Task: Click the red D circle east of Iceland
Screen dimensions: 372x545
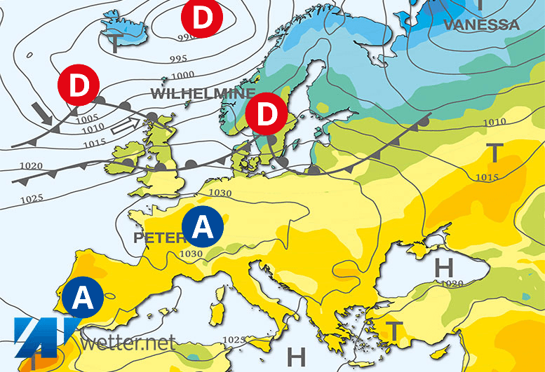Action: (x=201, y=19)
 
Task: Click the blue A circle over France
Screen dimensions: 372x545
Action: (x=202, y=226)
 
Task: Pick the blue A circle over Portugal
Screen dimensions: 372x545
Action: (x=82, y=298)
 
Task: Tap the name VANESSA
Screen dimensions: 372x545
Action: (x=481, y=25)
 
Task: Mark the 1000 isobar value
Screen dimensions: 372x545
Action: (x=182, y=75)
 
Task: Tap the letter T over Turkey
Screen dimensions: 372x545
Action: (x=395, y=331)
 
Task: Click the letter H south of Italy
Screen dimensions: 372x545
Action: (x=297, y=357)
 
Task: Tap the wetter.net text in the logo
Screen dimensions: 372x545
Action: (x=127, y=343)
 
